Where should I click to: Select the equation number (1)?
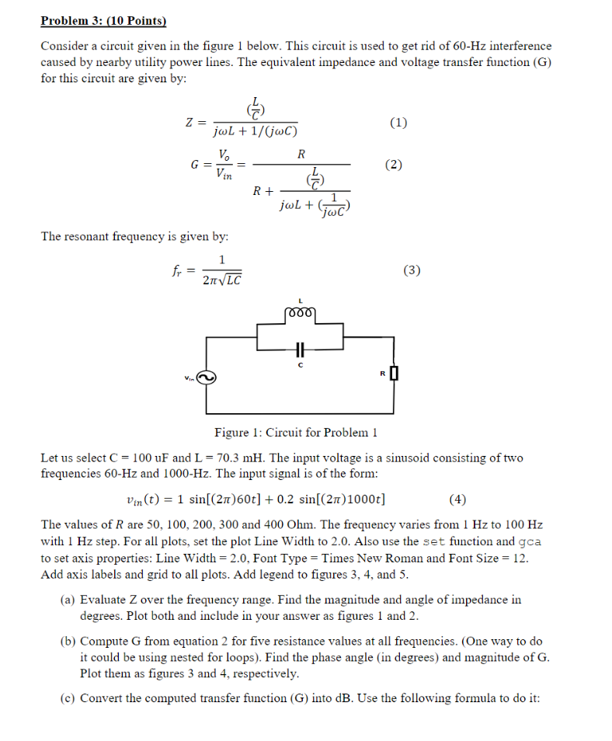pos(398,122)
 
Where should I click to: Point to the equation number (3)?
pos(412,270)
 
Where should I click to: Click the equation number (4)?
pos(457,499)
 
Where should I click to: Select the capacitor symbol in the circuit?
pos(300,347)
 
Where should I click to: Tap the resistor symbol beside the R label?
pos(394,374)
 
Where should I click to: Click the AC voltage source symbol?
pos(207,377)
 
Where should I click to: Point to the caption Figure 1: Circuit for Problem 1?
pos(295,433)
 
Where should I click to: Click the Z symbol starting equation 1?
pos(189,123)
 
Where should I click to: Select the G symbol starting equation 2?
pos(193,165)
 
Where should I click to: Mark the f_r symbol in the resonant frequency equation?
pos(176,271)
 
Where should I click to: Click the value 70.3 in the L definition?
pos(231,458)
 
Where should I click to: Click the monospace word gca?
pos(530,541)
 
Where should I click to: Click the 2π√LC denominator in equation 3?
pos(222,280)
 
